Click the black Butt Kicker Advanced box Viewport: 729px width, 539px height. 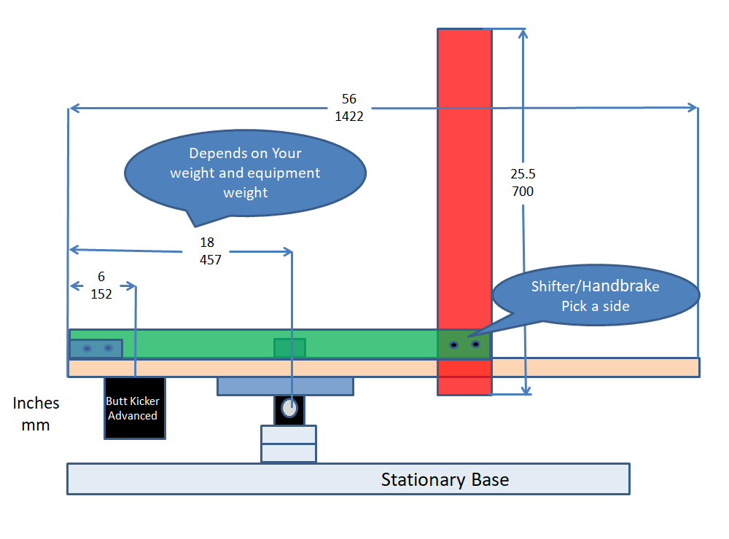(135, 408)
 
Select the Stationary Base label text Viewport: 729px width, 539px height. (445, 480)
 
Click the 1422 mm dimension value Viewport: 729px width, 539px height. (349, 116)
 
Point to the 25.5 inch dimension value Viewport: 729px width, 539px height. (523, 175)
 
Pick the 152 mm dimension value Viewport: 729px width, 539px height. (101, 294)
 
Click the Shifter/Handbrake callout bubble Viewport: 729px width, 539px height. (595, 296)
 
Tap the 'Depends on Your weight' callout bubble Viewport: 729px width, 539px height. (245, 173)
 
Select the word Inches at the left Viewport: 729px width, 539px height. (36, 404)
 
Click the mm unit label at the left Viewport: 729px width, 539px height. (36, 425)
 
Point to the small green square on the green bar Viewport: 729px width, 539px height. (289, 348)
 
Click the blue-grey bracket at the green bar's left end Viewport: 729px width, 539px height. (96, 348)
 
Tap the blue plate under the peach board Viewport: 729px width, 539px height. (285, 386)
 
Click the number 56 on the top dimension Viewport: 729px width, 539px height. (349, 99)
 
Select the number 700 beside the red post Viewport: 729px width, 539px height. (523, 192)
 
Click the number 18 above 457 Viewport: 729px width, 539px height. (207, 242)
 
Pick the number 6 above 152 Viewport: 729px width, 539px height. (101, 277)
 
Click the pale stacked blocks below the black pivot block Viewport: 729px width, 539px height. (289, 444)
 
